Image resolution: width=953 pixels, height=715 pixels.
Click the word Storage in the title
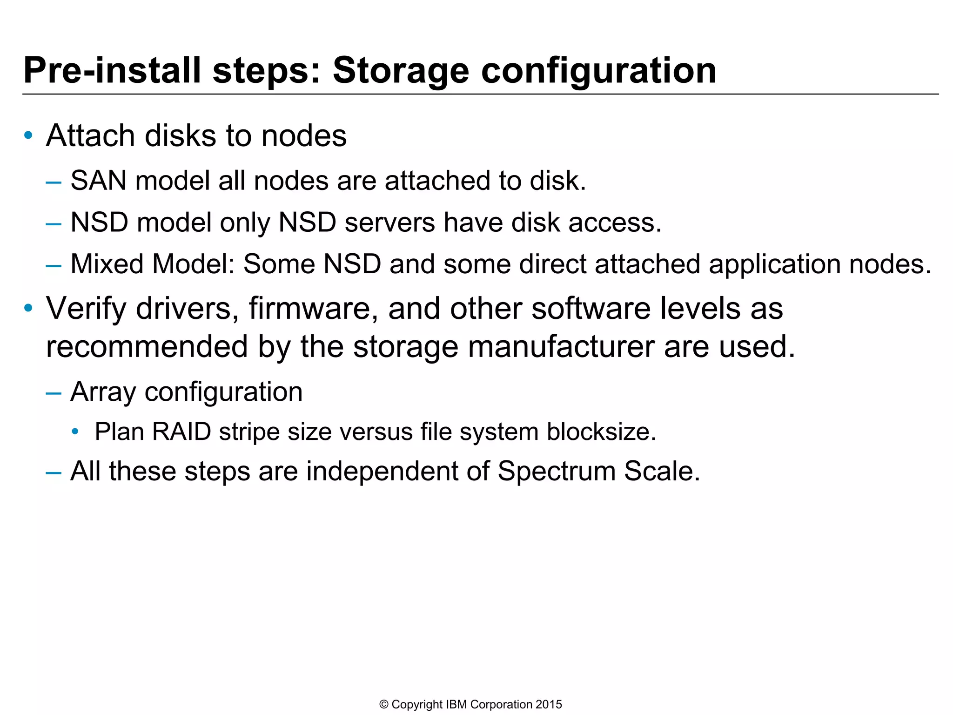coord(401,71)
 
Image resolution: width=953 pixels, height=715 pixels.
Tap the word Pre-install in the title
coord(112,71)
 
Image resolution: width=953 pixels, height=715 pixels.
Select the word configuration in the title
coord(598,71)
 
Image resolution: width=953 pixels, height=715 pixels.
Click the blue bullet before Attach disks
coord(28,135)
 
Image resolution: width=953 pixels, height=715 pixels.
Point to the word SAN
coord(98,181)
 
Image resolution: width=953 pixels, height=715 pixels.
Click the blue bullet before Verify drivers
coord(28,308)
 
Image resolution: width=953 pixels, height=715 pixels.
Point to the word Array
coord(103,392)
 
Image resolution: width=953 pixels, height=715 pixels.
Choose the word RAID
coord(181,432)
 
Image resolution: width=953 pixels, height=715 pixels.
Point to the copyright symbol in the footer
coord(384,705)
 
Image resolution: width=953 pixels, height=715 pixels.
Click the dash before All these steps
coord(54,472)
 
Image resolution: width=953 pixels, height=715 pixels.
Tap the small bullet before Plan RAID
coord(75,432)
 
